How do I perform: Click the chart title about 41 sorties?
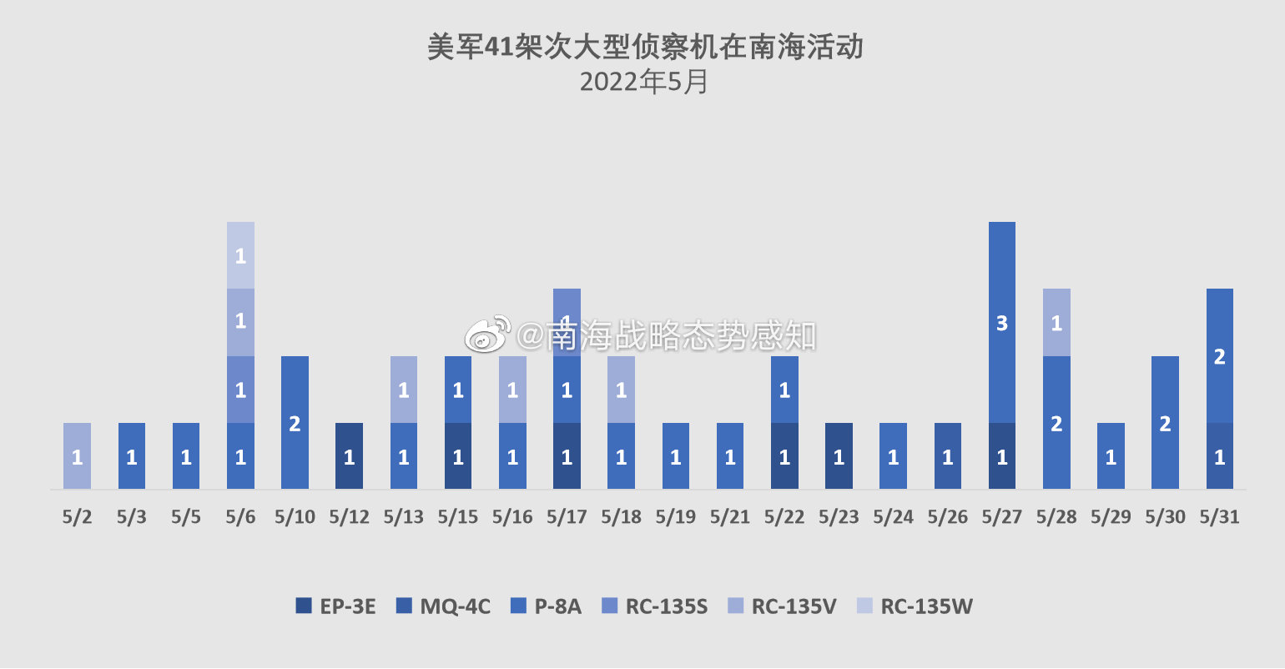tap(644, 47)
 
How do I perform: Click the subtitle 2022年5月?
tap(644, 82)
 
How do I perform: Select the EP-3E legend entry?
tap(336, 606)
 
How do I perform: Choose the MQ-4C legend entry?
tap(444, 606)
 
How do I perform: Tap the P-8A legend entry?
tap(547, 606)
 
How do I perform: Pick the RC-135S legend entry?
tap(655, 606)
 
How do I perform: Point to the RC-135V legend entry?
tap(782, 606)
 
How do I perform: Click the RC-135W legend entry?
tap(915, 606)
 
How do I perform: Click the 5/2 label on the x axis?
tap(77, 517)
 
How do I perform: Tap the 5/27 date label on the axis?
tap(1001, 517)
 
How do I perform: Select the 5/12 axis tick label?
tap(349, 517)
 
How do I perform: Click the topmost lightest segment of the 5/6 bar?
tap(240, 255)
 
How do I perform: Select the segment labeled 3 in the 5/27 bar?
tap(1001, 322)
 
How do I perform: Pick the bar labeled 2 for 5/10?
tap(295, 422)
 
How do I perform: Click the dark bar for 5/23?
tap(839, 455)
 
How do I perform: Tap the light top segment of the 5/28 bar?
tap(1056, 322)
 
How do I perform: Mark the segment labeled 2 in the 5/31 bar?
tap(1219, 356)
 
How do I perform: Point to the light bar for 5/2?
tap(77, 455)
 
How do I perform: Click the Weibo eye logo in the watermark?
tap(488, 334)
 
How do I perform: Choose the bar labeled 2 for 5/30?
tap(1165, 422)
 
